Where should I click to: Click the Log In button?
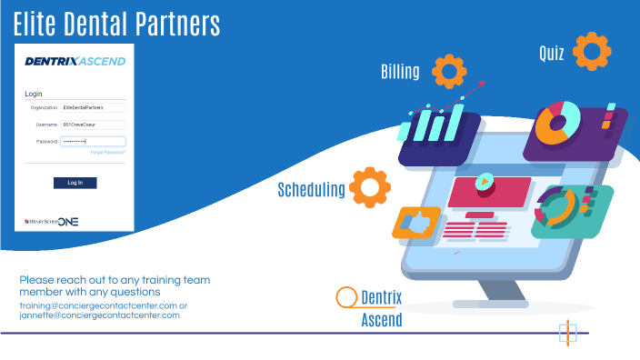tap(75, 183)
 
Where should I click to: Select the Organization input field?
tap(92, 107)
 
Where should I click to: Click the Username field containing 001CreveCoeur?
tap(92, 124)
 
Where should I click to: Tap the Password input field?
tap(92, 141)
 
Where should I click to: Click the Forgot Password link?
tap(108, 152)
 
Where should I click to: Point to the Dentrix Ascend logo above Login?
tap(75, 61)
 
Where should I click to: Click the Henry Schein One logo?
tap(53, 220)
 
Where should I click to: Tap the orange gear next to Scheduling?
tap(370, 187)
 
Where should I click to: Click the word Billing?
tap(400, 72)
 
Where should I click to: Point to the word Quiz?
tap(551, 54)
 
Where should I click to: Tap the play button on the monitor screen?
tap(485, 180)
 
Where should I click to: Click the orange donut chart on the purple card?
tap(557, 123)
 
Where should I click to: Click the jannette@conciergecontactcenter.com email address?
tap(100, 315)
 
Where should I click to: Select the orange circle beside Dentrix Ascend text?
tap(346, 297)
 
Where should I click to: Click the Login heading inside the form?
tap(34, 94)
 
